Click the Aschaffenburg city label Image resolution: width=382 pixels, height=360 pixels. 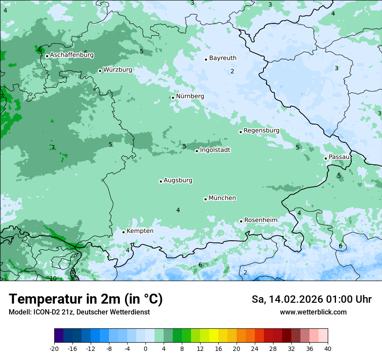click(x=72, y=55)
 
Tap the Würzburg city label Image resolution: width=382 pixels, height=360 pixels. click(x=118, y=70)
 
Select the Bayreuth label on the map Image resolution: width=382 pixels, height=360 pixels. click(x=223, y=58)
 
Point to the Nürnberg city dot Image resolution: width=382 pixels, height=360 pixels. click(x=173, y=98)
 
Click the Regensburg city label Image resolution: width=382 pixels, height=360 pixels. click(x=261, y=131)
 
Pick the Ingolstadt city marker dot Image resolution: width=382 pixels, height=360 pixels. click(x=197, y=151)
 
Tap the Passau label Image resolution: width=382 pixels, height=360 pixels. click(x=339, y=157)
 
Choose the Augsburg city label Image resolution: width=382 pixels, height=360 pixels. click(x=178, y=180)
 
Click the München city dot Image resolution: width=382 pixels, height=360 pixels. click(x=205, y=199)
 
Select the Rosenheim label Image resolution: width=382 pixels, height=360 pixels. click(x=260, y=220)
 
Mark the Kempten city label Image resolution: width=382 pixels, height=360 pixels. click(x=140, y=231)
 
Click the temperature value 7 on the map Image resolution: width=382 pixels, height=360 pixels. click(x=53, y=147)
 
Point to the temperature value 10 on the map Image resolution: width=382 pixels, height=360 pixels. click(x=53, y=278)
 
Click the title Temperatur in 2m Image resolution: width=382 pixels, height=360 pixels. click(x=86, y=299)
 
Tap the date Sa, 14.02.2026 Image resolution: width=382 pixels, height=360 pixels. click(x=286, y=299)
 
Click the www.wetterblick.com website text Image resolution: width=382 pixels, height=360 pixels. click(x=313, y=312)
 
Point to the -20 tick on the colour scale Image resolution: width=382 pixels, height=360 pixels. click(x=54, y=348)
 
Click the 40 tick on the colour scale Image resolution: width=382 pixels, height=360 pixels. click(x=328, y=348)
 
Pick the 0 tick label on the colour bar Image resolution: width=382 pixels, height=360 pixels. click(x=145, y=348)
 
